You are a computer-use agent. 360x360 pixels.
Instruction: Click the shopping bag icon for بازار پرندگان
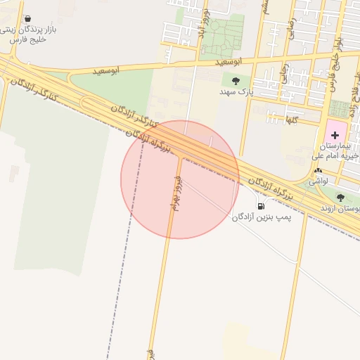[27, 18]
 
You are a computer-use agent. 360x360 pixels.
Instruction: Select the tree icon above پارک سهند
[236, 81]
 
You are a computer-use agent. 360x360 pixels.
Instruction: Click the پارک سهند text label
[235, 92]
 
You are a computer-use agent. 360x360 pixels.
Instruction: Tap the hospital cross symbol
[335, 134]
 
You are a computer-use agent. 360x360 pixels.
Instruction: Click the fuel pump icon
[262, 206]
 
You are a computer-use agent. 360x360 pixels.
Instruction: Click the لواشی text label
[319, 181]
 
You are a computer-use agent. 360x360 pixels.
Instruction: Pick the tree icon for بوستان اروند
[341, 198]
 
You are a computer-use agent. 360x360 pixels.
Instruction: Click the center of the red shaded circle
[180, 179]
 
